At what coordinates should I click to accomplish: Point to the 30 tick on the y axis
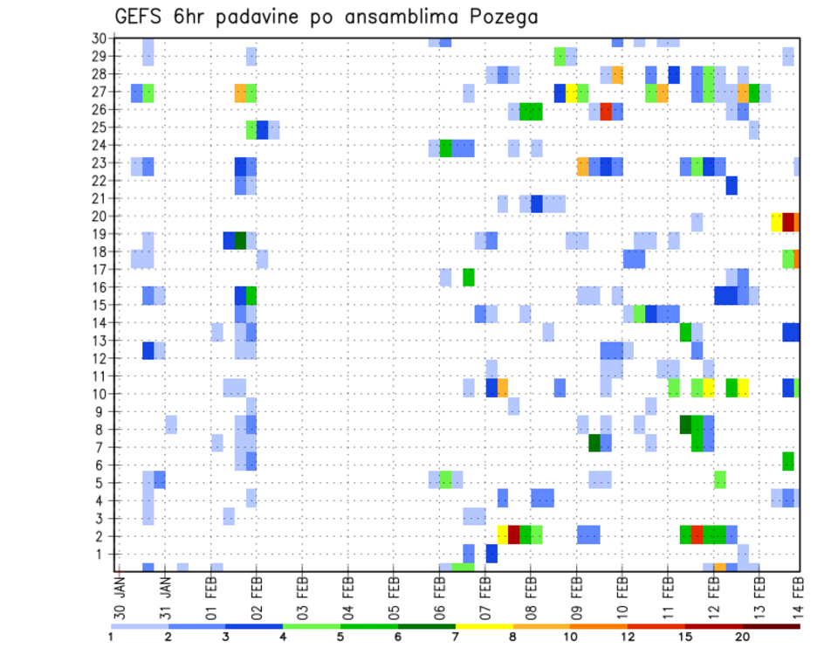[99, 38]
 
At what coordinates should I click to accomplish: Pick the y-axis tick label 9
[102, 411]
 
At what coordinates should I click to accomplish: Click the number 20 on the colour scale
[743, 637]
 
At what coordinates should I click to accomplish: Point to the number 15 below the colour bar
[685, 637]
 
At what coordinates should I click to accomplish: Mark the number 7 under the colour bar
[456, 637]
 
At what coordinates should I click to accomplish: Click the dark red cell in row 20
[788, 222]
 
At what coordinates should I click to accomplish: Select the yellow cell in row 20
[777, 222]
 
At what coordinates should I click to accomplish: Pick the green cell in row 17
[469, 277]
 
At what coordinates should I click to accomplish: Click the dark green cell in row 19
[240, 240]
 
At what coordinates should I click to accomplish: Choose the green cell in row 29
[560, 57]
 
